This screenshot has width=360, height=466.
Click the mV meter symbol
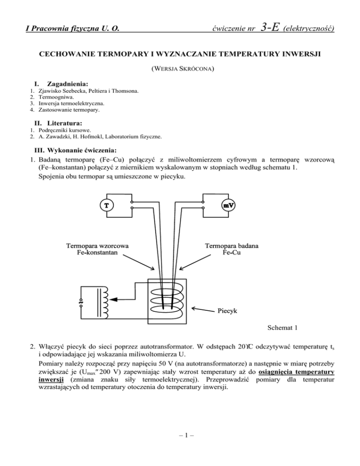point(228,205)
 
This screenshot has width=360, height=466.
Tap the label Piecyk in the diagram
point(229,310)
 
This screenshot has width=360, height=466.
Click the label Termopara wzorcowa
point(97,246)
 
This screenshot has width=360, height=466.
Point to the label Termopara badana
point(232,246)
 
